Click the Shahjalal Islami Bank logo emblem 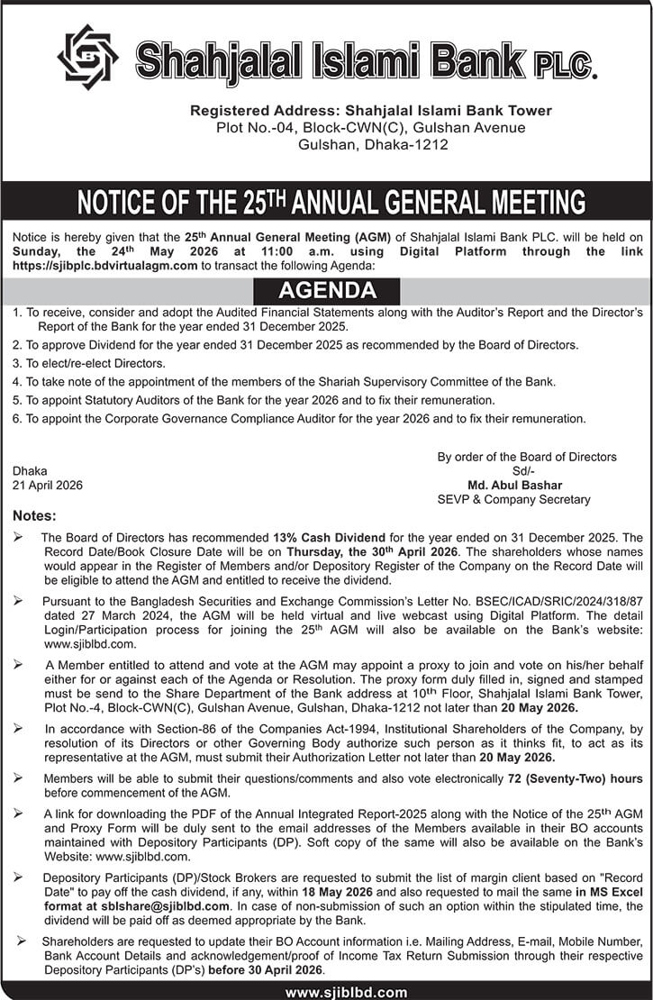(x=87, y=58)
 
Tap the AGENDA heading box (x=327, y=291)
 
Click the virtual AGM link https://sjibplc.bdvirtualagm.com (x=104, y=266)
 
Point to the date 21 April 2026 (x=48, y=485)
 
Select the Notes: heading (x=34, y=516)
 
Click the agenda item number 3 (x=17, y=363)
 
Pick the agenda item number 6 (x=17, y=418)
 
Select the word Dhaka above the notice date (x=30, y=470)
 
